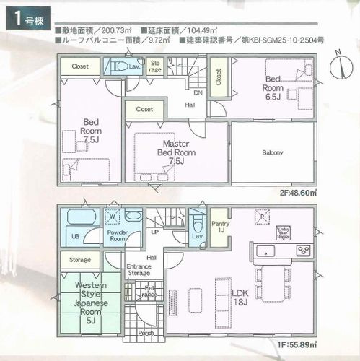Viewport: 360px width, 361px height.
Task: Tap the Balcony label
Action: (272, 152)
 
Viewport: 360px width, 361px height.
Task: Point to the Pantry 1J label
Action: (220, 217)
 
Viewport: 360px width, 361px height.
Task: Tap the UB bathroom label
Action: (74, 236)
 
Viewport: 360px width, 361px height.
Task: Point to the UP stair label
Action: (154, 233)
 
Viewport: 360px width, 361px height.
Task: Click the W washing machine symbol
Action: (112, 214)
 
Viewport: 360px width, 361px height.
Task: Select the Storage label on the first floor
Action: (79, 259)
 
